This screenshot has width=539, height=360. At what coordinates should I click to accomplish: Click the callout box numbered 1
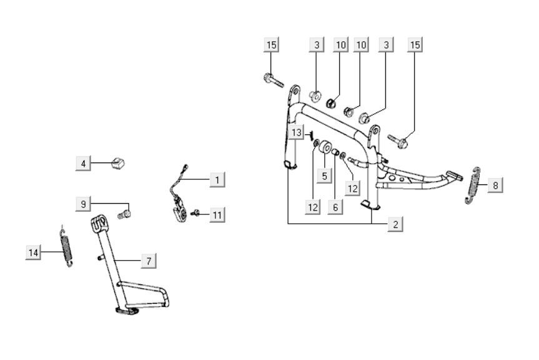pyautogui.click(x=217, y=179)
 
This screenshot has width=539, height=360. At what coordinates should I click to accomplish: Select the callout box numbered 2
pyautogui.click(x=395, y=224)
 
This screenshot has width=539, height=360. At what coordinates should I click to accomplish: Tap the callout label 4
pyautogui.click(x=83, y=164)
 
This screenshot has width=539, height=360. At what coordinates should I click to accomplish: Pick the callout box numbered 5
pyautogui.click(x=324, y=176)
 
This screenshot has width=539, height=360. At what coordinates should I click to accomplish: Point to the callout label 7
pyautogui.click(x=147, y=261)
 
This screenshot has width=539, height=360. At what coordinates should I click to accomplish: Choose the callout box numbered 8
pyautogui.click(x=495, y=185)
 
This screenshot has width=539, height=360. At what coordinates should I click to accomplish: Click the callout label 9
pyautogui.click(x=83, y=203)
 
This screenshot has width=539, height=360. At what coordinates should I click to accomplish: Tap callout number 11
pyautogui.click(x=217, y=215)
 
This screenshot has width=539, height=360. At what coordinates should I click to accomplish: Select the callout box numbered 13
pyautogui.click(x=297, y=132)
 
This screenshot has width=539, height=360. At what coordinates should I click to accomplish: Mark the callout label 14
pyautogui.click(x=34, y=252)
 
